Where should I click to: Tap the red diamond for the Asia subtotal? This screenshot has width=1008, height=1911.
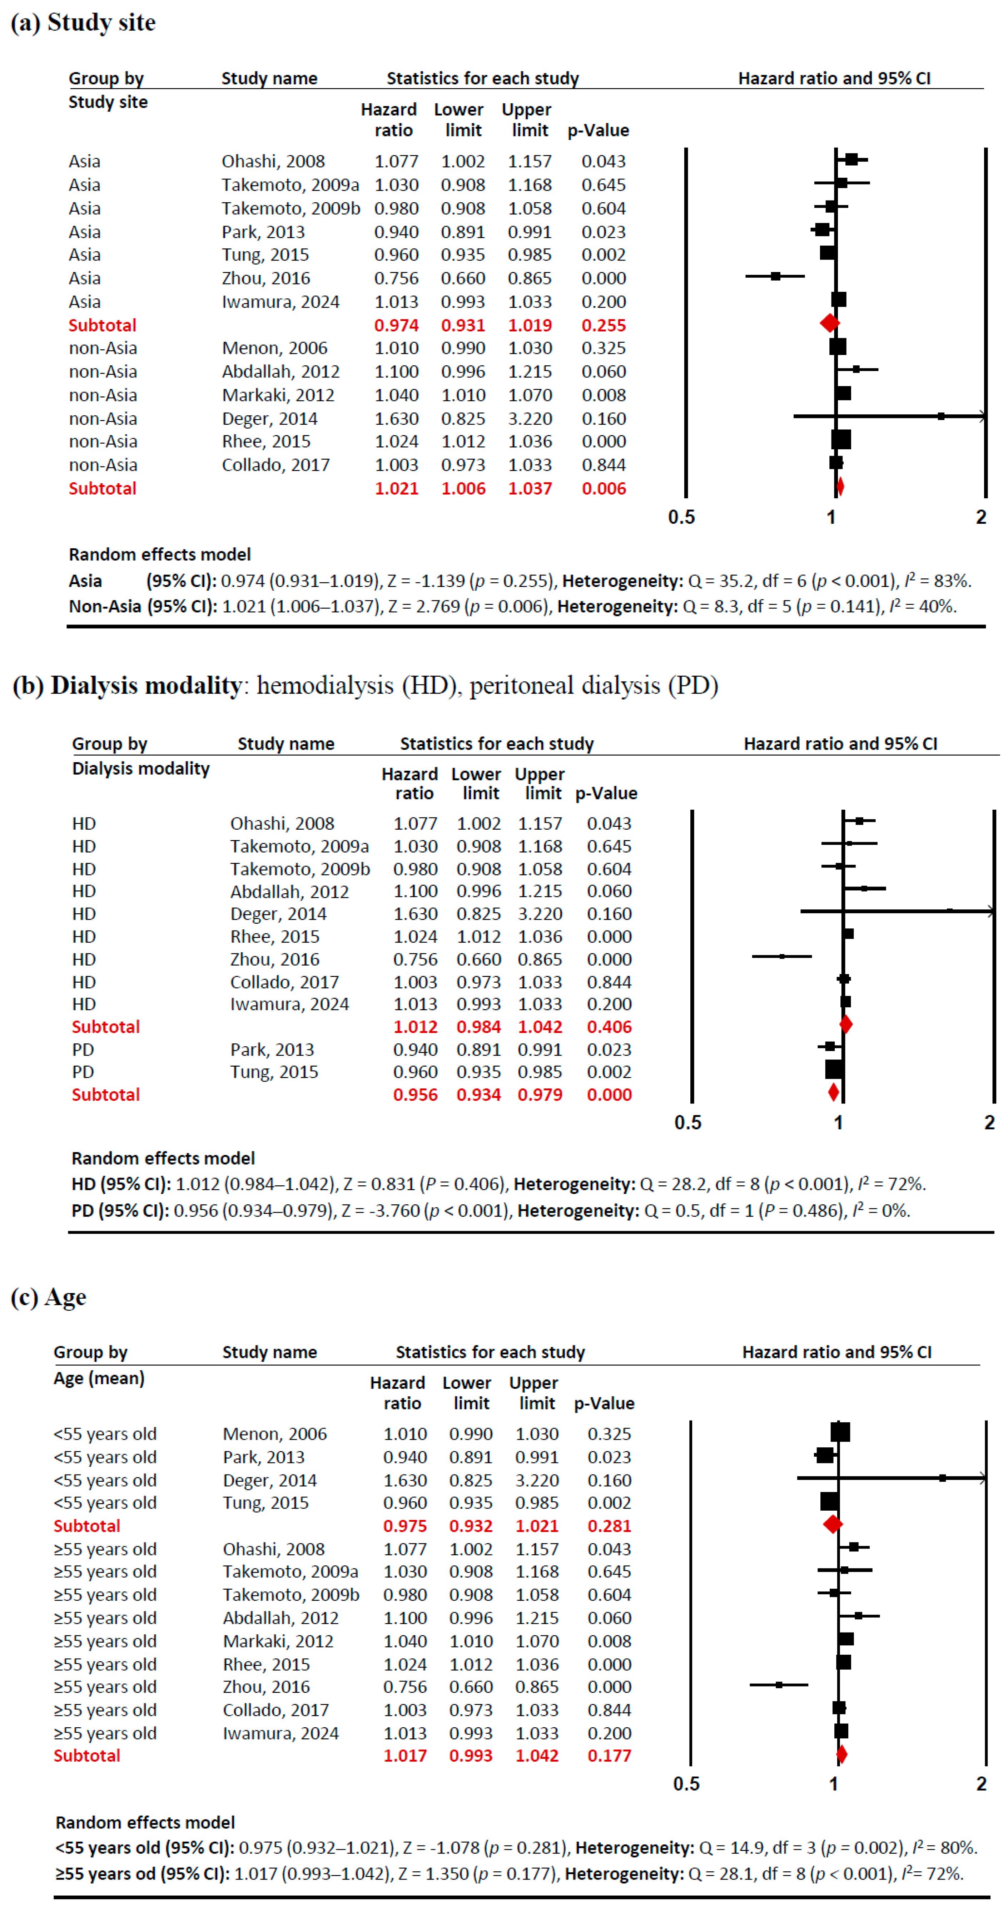pos(829,323)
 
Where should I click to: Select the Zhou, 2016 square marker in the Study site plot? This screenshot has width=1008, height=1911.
pos(775,276)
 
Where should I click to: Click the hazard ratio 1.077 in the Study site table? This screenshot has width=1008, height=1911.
pos(396,161)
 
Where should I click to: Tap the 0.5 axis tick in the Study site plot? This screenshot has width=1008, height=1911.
pos(681,517)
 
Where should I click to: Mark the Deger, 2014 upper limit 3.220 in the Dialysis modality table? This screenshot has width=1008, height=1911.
pos(540,914)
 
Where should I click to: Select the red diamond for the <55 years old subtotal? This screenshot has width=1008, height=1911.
pos(832,1524)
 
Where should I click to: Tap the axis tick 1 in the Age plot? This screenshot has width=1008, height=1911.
pos(834,1783)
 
